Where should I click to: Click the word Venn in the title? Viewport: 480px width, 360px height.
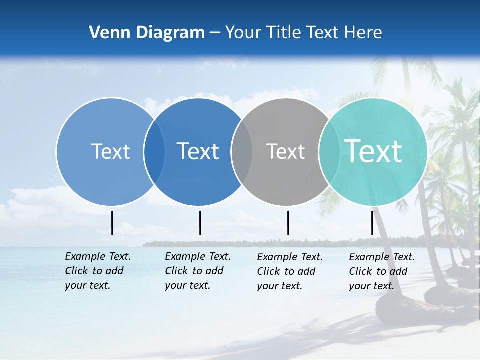coord(108,33)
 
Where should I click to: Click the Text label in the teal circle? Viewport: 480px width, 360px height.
coord(373,151)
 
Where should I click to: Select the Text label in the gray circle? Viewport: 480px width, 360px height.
coord(285,151)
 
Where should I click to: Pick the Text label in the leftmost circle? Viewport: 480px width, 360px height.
coord(110,151)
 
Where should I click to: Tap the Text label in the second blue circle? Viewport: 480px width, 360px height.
coord(198,151)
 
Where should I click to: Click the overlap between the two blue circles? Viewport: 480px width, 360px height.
coord(154,151)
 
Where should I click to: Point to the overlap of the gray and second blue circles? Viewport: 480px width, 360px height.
coord(242,151)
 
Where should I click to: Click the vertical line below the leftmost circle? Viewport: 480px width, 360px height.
coord(112,223)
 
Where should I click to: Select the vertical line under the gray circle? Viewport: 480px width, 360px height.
coord(288,223)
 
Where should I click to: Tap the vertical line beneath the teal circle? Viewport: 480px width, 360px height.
coord(372,223)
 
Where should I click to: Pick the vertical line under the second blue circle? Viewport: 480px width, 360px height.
coord(200,223)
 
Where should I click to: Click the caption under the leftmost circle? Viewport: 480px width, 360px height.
coord(97,271)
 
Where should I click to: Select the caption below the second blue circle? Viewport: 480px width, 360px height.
coord(197,271)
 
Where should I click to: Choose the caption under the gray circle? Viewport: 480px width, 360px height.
coord(289,271)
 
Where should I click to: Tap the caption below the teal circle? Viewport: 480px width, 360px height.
coord(381,271)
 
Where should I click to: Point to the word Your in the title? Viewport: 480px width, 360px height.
coord(243,33)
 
